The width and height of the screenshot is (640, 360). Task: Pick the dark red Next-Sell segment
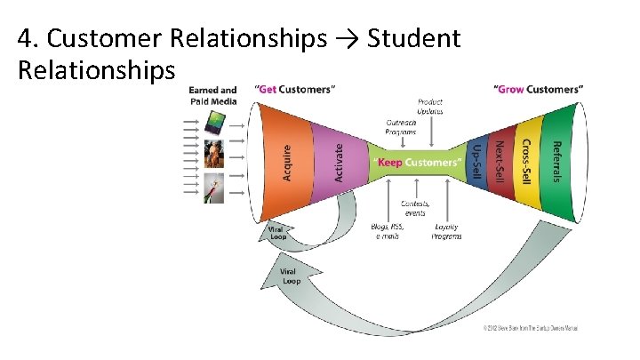pyautogui.click(x=500, y=163)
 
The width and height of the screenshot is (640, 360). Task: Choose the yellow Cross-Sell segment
pyautogui.click(x=526, y=163)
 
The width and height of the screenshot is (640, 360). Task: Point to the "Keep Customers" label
pyautogui.click(x=418, y=164)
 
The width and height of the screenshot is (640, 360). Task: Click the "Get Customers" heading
pyautogui.click(x=294, y=89)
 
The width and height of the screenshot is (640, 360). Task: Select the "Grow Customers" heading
pyautogui.click(x=539, y=89)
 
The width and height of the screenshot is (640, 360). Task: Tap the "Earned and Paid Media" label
pyautogui.click(x=213, y=95)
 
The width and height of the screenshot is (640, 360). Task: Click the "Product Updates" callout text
pyautogui.click(x=430, y=106)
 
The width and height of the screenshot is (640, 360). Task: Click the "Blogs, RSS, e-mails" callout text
pyautogui.click(x=388, y=231)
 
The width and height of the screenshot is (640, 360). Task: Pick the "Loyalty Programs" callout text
pyautogui.click(x=446, y=231)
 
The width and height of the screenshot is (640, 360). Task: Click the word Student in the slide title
pyautogui.click(x=413, y=38)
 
